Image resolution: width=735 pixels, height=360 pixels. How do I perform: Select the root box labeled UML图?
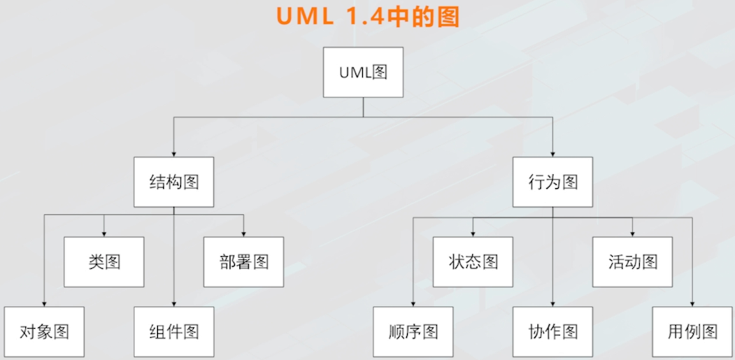click(x=363, y=72)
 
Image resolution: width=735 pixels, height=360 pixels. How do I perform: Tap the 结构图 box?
click(x=174, y=182)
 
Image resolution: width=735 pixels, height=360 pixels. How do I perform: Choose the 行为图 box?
click(x=553, y=182)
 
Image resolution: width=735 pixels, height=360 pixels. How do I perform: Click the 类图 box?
click(x=104, y=262)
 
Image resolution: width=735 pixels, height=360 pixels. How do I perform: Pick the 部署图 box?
click(x=244, y=262)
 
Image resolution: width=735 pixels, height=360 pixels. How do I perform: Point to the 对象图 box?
click(x=44, y=331)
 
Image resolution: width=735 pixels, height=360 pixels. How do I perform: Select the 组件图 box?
click(x=174, y=331)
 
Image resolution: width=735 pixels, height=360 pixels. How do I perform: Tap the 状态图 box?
click(x=473, y=262)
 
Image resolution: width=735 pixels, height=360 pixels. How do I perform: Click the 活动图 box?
click(x=632, y=262)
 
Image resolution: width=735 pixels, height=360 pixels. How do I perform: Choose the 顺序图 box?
click(x=413, y=331)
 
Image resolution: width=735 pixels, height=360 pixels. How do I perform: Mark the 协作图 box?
click(x=553, y=331)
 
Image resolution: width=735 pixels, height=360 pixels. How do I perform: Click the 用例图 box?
click(x=692, y=331)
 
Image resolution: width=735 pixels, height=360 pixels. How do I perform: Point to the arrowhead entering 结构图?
click(x=174, y=154)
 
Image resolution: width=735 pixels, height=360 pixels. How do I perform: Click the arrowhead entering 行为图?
click(x=553, y=154)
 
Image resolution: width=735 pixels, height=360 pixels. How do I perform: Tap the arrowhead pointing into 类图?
click(x=104, y=233)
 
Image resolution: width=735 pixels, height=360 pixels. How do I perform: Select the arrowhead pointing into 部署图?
click(x=244, y=233)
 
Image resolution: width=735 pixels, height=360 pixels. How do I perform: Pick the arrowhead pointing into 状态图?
click(x=473, y=233)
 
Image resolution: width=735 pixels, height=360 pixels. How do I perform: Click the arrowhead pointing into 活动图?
click(x=632, y=233)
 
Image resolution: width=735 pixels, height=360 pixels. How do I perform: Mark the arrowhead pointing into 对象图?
click(x=44, y=303)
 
